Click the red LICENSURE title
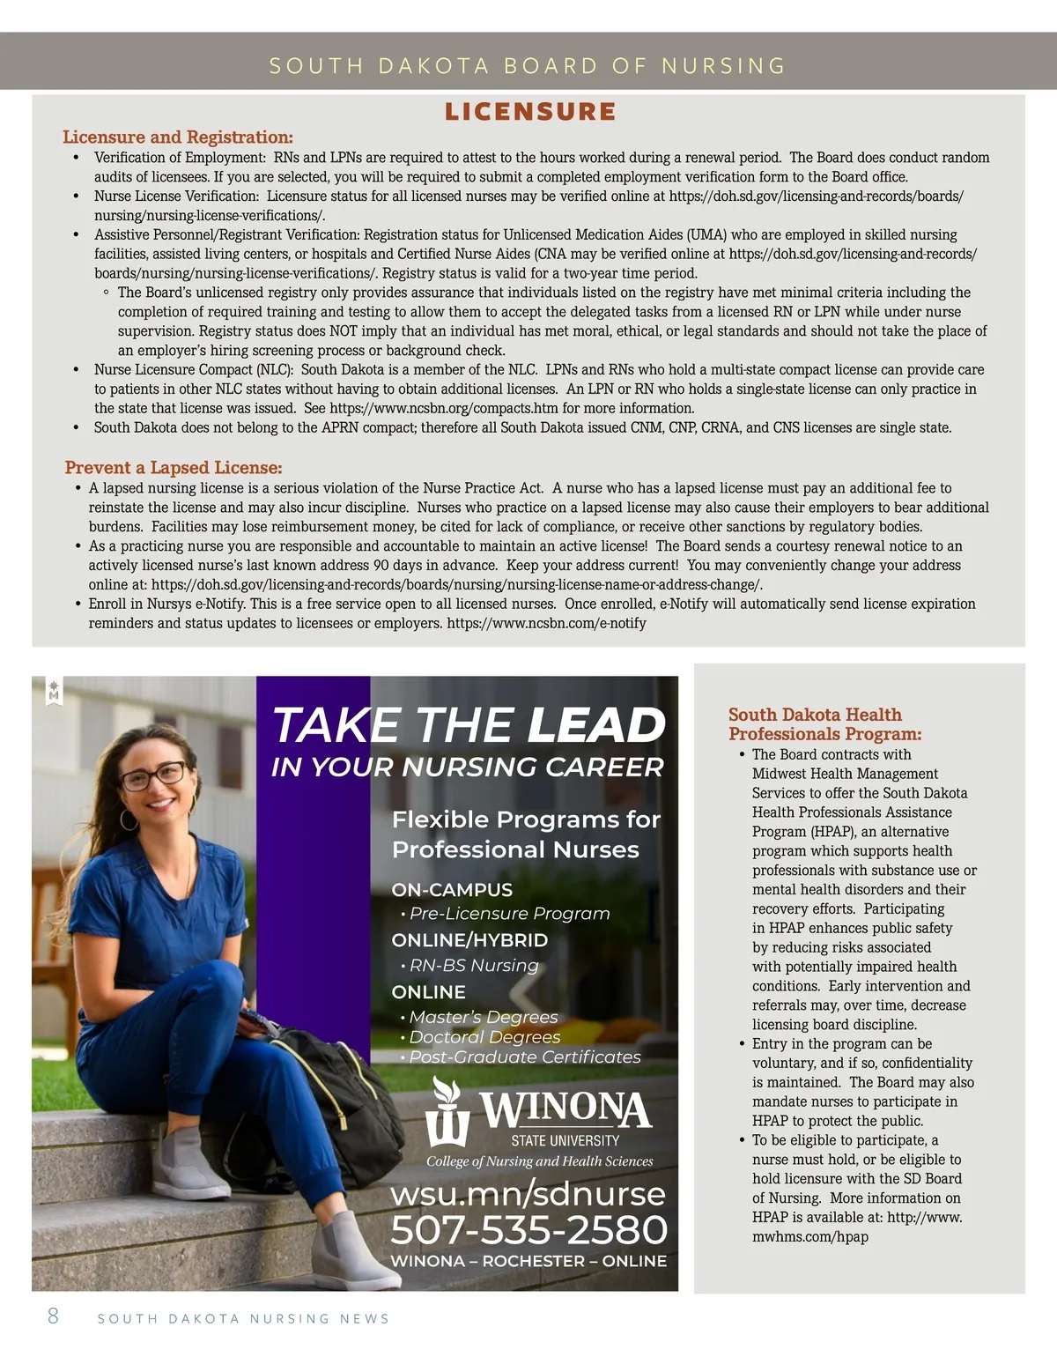[529, 112]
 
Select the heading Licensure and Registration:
[177, 137]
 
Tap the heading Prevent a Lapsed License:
[173, 468]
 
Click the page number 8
[53, 1316]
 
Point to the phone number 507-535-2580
[528, 1229]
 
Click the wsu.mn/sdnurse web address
[528, 1194]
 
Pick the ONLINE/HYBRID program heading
[469, 940]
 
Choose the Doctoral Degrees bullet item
[484, 1037]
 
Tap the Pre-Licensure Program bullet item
[509, 914]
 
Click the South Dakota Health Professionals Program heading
[824, 724]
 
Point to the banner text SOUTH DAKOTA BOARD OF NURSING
[528, 65]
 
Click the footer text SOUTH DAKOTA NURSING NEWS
[243, 1319]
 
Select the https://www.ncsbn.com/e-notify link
[546, 624]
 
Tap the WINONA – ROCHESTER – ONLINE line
[528, 1261]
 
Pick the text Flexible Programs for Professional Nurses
[526, 834]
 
